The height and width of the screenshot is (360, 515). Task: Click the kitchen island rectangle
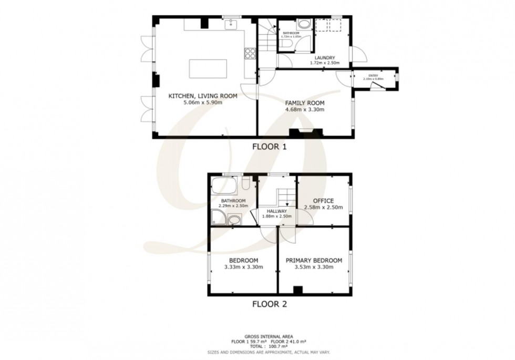[x=206, y=69]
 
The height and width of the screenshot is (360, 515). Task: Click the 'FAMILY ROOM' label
[x=305, y=103]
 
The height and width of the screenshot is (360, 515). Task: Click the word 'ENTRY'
[x=373, y=76]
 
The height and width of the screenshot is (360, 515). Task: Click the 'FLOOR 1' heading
[x=270, y=147]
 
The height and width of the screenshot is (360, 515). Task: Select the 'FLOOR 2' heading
[x=270, y=303]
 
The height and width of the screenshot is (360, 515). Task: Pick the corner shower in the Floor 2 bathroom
[x=218, y=216]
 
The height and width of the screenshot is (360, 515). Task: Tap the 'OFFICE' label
[x=323, y=201]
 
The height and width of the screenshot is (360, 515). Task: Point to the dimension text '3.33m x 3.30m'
[x=243, y=267]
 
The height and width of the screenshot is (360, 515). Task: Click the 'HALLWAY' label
[x=276, y=211]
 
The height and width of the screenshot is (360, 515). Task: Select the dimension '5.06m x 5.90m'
[x=202, y=102]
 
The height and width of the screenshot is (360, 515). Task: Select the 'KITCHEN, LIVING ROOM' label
[x=202, y=96]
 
